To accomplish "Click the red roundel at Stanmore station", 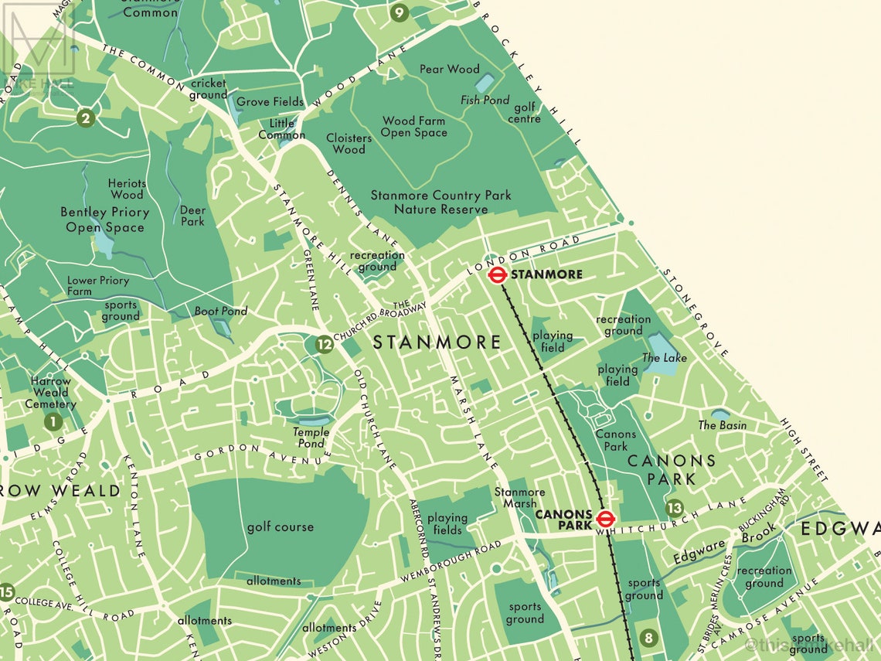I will tap(498, 274).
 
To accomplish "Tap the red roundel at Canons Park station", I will tap(605, 520).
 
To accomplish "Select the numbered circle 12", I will tap(325, 345).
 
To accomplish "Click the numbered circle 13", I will tap(675, 508).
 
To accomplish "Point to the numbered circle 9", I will tap(399, 12).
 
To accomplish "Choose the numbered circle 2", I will tap(86, 118).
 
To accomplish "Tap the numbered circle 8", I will tap(648, 638).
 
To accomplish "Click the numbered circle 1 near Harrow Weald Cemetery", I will tap(53, 422).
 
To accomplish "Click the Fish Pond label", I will tap(485, 100).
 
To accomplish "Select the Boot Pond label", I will tap(220, 311).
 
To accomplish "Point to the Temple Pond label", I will tap(311, 438).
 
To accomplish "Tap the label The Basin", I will tap(723, 425).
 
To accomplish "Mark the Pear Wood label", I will tap(449, 69).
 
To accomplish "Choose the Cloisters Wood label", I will tap(349, 143).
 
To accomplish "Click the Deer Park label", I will tap(192, 215).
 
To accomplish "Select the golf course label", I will tap(280, 526).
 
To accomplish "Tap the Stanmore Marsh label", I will tap(519, 498).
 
